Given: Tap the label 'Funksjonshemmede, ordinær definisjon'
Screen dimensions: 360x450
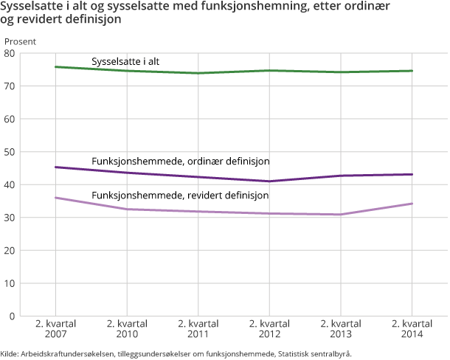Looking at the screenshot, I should click(180, 161).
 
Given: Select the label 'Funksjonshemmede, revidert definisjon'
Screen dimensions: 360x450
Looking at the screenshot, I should click(180, 195).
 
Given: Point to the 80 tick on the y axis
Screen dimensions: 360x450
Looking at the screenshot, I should click(9, 54).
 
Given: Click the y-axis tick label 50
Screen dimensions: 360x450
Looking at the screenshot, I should click(9, 152).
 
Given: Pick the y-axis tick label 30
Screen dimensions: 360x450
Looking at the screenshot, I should click(9, 218).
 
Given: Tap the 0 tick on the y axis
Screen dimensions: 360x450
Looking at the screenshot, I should click(12, 316).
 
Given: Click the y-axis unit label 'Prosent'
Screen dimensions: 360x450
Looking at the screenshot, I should click(20, 41).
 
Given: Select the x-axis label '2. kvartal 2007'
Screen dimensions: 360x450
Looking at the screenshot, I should click(56, 330).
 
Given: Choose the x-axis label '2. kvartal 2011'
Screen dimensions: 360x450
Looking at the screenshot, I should click(198, 330).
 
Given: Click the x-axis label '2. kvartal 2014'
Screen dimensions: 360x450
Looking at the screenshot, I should click(412, 330).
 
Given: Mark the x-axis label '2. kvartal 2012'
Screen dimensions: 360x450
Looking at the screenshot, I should click(269, 330).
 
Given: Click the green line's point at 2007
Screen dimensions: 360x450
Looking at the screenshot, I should click(56, 67).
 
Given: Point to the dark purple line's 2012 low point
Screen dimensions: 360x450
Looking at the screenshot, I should click(269, 181).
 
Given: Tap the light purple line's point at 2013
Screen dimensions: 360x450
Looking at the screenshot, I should click(341, 215).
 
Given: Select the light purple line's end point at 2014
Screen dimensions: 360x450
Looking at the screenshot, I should click(412, 204).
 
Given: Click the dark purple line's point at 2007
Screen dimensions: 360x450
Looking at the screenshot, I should click(56, 167).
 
